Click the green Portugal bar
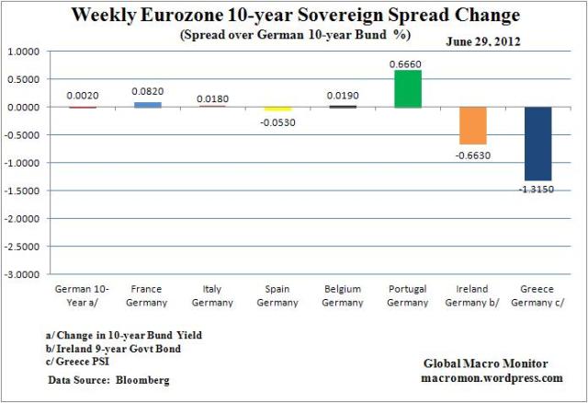[x=408, y=88]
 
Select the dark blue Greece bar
[x=538, y=144]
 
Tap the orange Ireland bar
[x=473, y=125]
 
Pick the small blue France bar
[x=147, y=104]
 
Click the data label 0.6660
[x=408, y=62]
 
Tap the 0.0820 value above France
[x=147, y=92]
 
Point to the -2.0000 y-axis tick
[x=31, y=219]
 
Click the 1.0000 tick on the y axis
[x=33, y=52]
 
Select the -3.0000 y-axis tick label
[x=31, y=274]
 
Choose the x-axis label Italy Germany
[x=212, y=294]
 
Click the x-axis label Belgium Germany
[x=343, y=294]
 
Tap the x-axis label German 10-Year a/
[x=82, y=294]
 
